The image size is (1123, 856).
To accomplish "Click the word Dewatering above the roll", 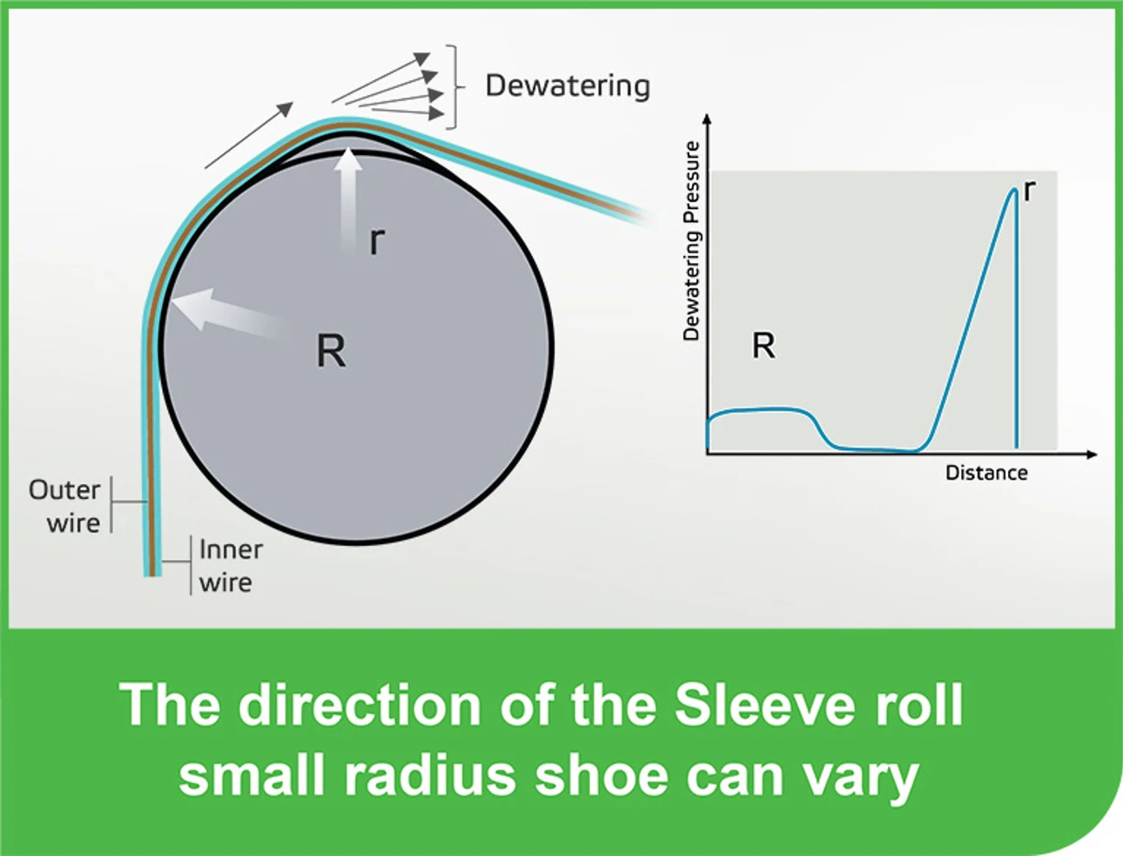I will point(568,85).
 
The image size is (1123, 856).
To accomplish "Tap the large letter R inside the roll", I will point(331,351).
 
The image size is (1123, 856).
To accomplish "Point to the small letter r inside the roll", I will point(376,239).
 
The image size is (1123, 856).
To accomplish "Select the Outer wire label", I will point(65,506).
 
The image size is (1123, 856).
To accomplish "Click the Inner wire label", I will point(230,565).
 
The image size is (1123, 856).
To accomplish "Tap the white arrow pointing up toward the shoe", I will point(349,196).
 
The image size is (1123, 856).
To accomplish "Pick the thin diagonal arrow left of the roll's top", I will point(249,135).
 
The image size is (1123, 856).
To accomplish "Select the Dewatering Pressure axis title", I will point(691,240).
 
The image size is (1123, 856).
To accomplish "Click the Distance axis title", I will point(986,473).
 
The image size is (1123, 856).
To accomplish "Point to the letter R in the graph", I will point(763,346).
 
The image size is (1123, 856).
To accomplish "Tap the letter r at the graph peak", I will point(1030,190).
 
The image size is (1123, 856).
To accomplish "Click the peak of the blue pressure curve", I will point(1013,190).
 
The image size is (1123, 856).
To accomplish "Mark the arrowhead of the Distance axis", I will point(1092,454).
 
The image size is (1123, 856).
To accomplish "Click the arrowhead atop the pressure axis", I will point(707,119).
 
